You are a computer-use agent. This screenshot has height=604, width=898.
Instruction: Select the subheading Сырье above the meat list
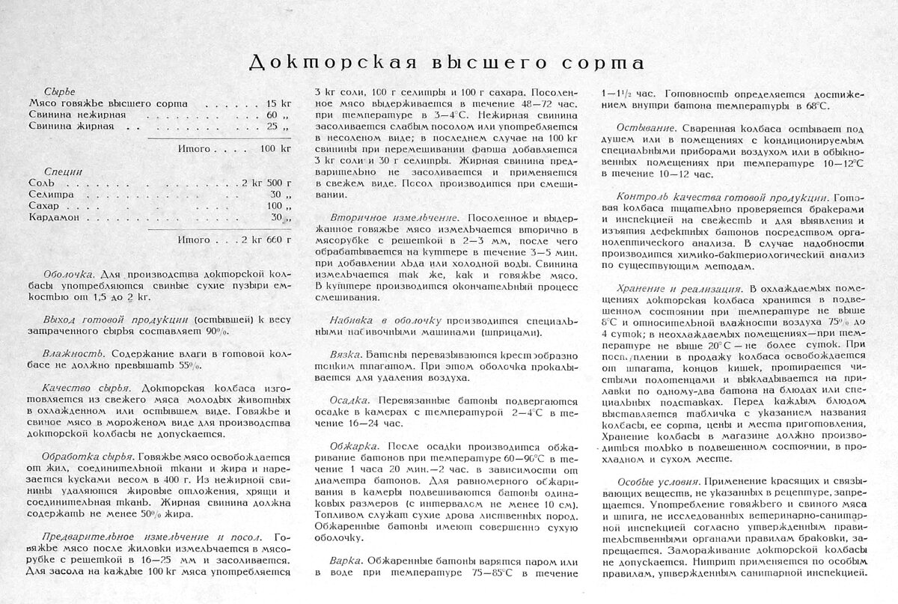[x=60, y=90]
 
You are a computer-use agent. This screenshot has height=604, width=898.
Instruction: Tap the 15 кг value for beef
[x=278, y=103]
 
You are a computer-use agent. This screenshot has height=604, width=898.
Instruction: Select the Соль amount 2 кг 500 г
[x=266, y=183]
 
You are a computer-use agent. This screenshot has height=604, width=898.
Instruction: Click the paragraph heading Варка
[x=346, y=560]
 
